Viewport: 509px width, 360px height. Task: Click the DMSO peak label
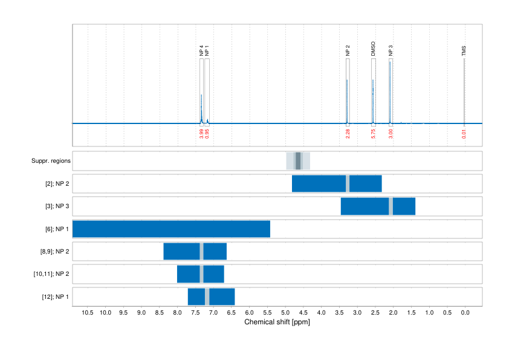pos(373,49)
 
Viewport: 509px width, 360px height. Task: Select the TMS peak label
pos(464,49)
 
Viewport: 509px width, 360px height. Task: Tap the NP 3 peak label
pos(391,51)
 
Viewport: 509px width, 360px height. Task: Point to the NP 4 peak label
pos(201,51)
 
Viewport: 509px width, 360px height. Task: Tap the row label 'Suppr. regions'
pos(51,161)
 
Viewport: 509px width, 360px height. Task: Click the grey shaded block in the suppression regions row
pos(298,161)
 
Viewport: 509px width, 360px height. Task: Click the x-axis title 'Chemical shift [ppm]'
pos(277,322)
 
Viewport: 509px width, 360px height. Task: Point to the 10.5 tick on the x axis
pos(88,313)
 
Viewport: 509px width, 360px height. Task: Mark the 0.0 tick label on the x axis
pos(465,313)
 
